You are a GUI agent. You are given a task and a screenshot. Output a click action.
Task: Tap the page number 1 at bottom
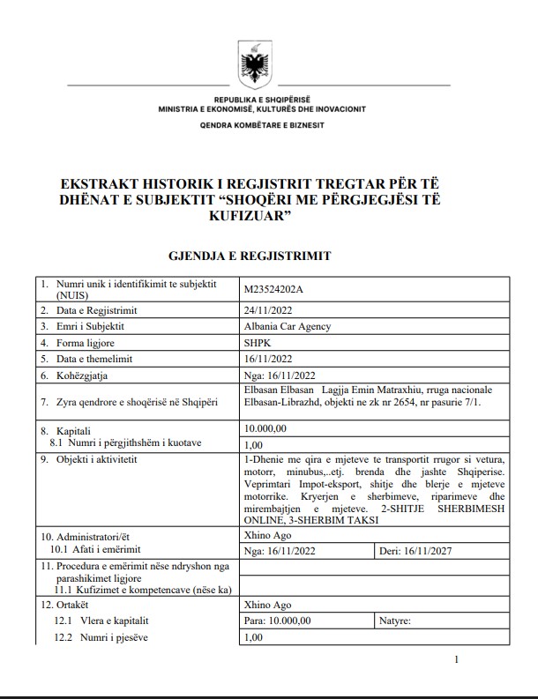click(455, 660)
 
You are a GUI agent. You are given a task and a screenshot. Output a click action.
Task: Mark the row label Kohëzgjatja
click(87, 375)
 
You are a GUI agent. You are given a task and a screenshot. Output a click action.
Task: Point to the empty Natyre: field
click(441, 621)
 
